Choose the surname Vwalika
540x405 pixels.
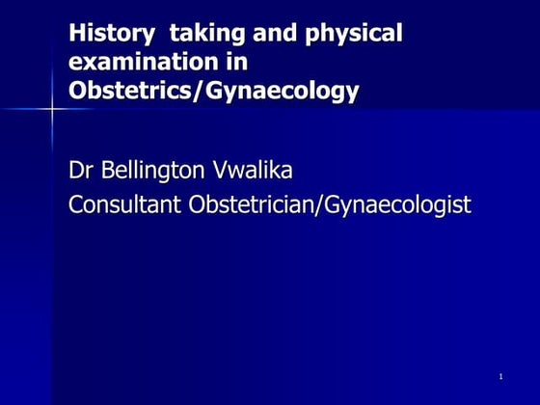(x=253, y=173)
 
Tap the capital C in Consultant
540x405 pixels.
(x=76, y=204)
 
